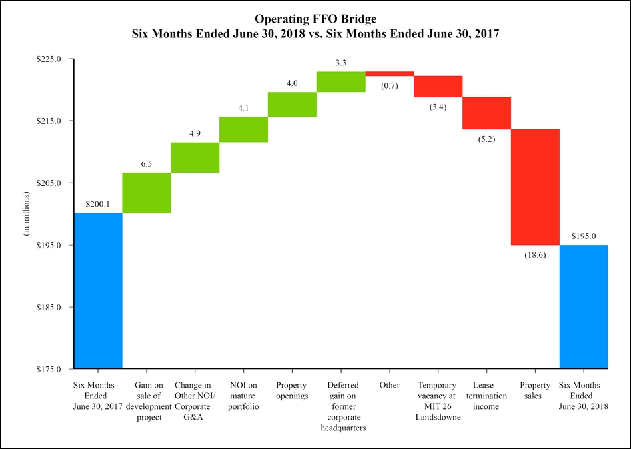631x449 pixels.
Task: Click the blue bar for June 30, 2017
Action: [x=98, y=290]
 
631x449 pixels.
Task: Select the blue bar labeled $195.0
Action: [x=584, y=306]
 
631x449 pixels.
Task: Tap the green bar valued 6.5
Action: [x=147, y=193]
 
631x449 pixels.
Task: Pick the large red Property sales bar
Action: [x=535, y=187]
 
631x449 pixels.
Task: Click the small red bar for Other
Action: [x=390, y=73]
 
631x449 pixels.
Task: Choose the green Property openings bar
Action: [x=292, y=104]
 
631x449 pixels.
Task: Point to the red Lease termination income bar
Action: [x=486, y=113]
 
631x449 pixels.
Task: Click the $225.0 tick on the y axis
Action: [x=49, y=59]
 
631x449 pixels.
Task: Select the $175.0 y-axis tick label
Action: [x=49, y=368]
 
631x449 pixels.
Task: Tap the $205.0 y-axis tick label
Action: [x=49, y=183]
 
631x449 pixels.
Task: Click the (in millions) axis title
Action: [x=27, y=213]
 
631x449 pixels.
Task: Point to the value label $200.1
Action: [x=98, y=204]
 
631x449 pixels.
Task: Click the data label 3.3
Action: [x=341, y=63]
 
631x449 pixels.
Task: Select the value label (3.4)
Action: [x=438, y=106]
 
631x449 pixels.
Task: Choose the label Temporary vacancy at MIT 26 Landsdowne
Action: [x=438, y=402]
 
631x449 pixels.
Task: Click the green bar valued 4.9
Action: [x=195, y=157]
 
